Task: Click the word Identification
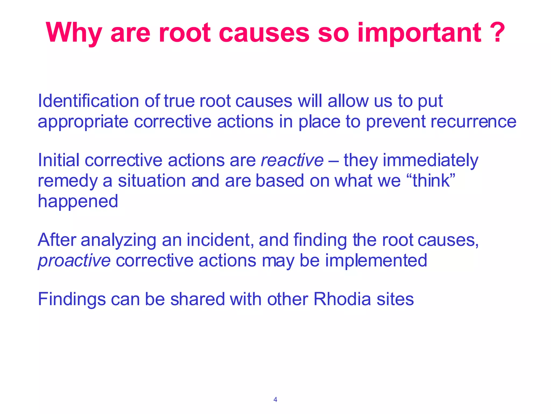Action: tap(89, 101)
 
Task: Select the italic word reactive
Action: tap(292, 160)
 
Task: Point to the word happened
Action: tap(78, 202)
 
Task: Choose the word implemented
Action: tap(376, 260)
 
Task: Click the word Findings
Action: tap(72, 299)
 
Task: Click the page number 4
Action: tap(275, 400)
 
